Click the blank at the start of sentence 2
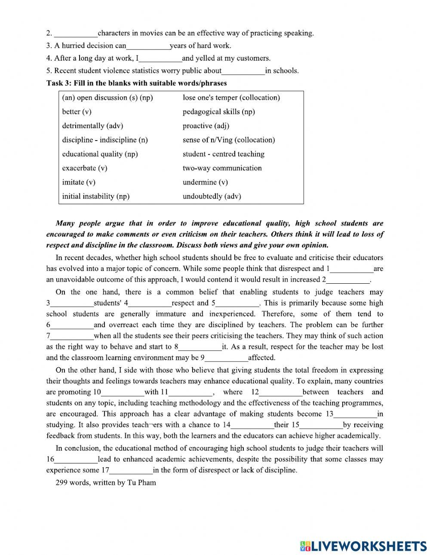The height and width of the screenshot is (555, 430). coord(76,34)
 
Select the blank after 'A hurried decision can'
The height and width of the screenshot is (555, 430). coord(148,46)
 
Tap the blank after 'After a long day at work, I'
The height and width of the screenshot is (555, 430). coord(160,58)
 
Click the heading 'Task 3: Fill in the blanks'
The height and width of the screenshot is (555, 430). coord(136,83)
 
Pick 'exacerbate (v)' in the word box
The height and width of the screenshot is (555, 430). coord(85,168)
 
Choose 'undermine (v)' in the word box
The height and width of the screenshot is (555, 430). coord(205,182)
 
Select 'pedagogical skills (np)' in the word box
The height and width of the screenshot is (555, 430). coord(218,112)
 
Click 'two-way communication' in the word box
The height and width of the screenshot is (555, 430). coord(222,168)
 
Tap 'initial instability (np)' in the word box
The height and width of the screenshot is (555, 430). coord(95,196)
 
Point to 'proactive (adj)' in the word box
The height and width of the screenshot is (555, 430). coord(206,126)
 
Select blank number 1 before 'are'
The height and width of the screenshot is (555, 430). coord(352,269)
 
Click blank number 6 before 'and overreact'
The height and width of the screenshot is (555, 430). coord(72,325)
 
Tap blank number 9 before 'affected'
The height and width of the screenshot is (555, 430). coord(227,358)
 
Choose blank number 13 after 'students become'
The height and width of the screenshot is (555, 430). coord(355,414)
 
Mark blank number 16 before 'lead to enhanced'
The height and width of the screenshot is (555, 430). coord(76,459)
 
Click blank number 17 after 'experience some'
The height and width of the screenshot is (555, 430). coord(131,470)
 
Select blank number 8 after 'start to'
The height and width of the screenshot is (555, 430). coord(200,347)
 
